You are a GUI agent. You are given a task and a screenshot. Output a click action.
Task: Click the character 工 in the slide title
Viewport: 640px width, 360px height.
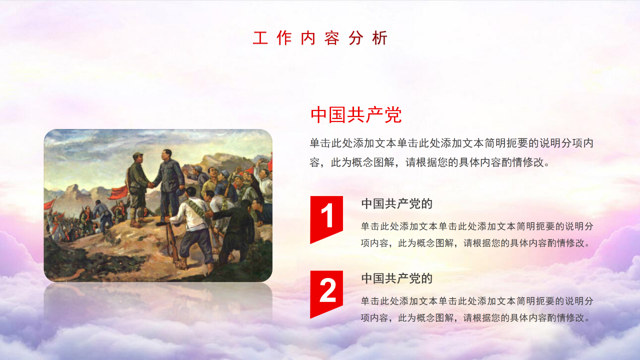tap(260, 38)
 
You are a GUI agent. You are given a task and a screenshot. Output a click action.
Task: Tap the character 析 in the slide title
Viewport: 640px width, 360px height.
tap(379, 38)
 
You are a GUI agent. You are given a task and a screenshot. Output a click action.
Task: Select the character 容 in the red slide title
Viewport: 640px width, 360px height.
tap(331, 38)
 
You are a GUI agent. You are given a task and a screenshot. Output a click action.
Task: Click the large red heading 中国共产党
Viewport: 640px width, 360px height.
tap(356, 115)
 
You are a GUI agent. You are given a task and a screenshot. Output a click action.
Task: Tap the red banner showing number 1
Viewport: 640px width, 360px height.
tap(326, 218)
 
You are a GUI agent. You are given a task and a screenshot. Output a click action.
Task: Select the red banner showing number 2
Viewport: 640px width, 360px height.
tap(326, 293)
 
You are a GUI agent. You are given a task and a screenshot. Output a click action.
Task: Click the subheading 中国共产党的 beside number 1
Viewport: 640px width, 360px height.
tap(396, 203)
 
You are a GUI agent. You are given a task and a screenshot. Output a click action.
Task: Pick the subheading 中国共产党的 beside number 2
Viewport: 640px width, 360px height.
tap(396, 278)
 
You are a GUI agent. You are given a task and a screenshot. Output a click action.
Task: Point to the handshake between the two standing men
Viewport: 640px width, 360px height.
tap(150, 185)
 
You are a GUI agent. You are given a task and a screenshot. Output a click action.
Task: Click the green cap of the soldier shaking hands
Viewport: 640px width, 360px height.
tap(137, 155)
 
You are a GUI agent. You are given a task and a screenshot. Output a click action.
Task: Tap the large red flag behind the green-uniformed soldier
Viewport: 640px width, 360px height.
tap(118, 192)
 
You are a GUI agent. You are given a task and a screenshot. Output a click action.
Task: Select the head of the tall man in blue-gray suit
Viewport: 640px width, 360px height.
tap(165, 155)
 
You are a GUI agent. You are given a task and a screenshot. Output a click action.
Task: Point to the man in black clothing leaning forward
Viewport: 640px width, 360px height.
tap(236, 228)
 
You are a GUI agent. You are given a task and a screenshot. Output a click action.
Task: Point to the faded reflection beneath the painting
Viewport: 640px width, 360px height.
tap(158, 303)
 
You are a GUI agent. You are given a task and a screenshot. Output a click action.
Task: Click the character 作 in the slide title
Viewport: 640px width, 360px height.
tap(284, 38)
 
